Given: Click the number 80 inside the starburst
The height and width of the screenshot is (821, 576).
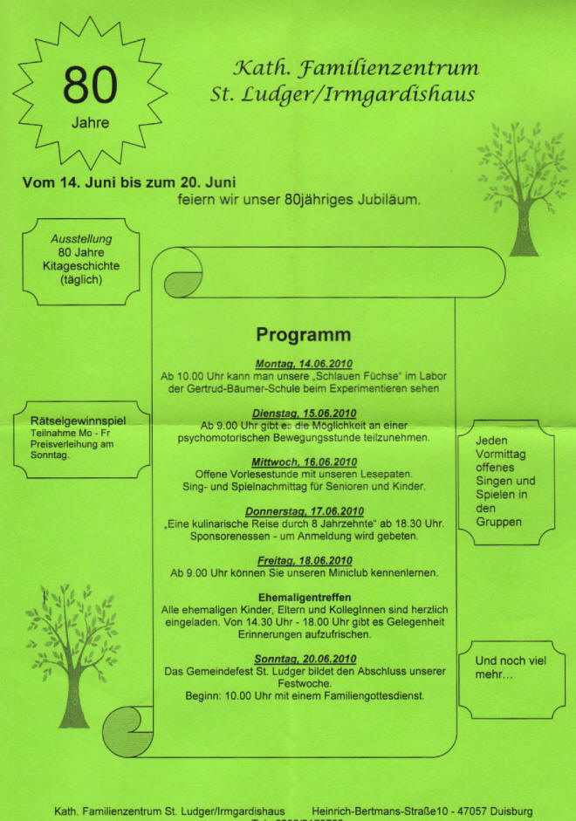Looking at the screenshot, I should point(91,86).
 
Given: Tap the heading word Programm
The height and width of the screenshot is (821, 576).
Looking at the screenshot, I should point(303,335).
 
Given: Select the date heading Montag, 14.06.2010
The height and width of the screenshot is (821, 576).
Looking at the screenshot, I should point(303,363).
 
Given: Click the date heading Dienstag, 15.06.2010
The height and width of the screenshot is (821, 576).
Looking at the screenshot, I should point(303,413).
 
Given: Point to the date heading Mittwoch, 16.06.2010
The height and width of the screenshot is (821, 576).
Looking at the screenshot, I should point(303,462).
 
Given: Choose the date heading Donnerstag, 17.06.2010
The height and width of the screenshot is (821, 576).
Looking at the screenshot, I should point(303,510).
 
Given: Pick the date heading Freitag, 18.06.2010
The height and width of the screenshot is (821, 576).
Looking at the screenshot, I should point(303,560).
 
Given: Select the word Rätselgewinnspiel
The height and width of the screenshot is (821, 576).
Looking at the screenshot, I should point(78,421).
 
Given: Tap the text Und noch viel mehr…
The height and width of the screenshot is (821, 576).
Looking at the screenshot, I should point(511,667).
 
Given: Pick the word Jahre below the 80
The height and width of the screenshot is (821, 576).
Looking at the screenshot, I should point(90,123).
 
